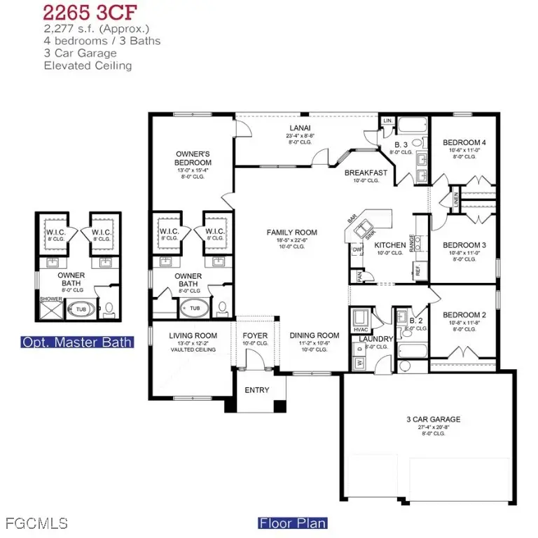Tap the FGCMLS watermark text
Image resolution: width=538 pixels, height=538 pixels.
coord(36,523)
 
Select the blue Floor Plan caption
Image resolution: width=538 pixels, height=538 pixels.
coord(293,523)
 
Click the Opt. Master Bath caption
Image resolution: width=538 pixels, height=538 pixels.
coord(77,342)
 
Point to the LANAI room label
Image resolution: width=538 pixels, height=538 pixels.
coord(295,128)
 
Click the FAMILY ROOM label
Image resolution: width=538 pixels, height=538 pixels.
coord(291,233)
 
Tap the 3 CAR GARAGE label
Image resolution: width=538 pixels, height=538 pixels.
coord(433,420)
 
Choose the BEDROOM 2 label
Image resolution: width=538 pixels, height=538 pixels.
coord(464,315)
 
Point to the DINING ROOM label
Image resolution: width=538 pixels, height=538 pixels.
coord(314,336)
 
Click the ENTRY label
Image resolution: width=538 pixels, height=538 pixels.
coord(256,390)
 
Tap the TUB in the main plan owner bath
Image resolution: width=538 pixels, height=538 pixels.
coord(195,308)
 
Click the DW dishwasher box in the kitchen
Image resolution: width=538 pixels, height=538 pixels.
coord(357,249)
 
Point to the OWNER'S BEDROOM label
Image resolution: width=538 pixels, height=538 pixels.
coord(193,158)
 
